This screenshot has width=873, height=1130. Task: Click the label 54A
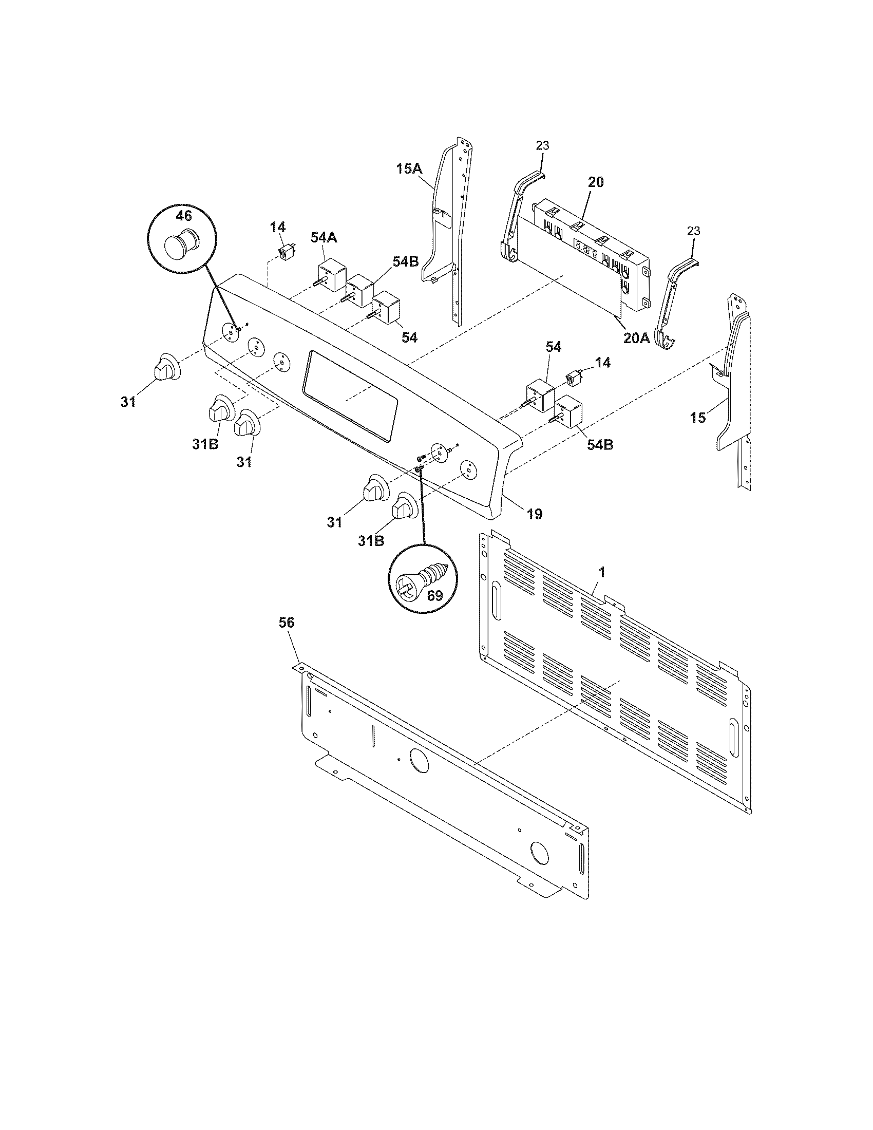[x=323, y=237]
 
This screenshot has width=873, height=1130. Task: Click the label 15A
[x=410, y=168]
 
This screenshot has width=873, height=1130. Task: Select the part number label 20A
[x=636, y=338]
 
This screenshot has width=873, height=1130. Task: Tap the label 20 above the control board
[x=596, y=182]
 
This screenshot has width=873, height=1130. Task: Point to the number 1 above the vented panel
[x=601, y=572]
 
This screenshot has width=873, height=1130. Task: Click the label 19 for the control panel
[x=534, y=514]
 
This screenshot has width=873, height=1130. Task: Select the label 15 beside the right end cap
[x=698, y=418]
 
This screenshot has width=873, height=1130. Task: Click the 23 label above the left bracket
[x=542, y=146]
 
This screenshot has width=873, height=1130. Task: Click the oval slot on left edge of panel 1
[x=496, y=599]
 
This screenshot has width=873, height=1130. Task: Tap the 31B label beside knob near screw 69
[x=371, y=540]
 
